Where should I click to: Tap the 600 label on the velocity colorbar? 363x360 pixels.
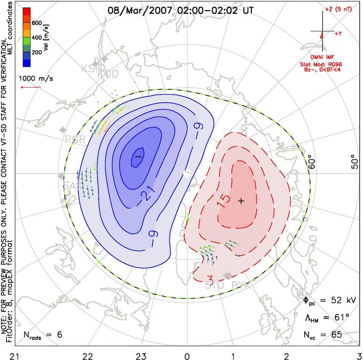[x=37, y=24]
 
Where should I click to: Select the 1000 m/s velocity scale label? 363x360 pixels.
[x=36, y=78]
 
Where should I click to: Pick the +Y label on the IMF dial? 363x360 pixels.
[x=338, y=33]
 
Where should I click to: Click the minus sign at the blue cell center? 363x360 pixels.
[x=138, y=156]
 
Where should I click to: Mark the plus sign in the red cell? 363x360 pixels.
[x=241, y=201]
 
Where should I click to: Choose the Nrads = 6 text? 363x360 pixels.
[x=43, y=335]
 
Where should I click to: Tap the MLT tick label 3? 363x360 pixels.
[x=358, y=355]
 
